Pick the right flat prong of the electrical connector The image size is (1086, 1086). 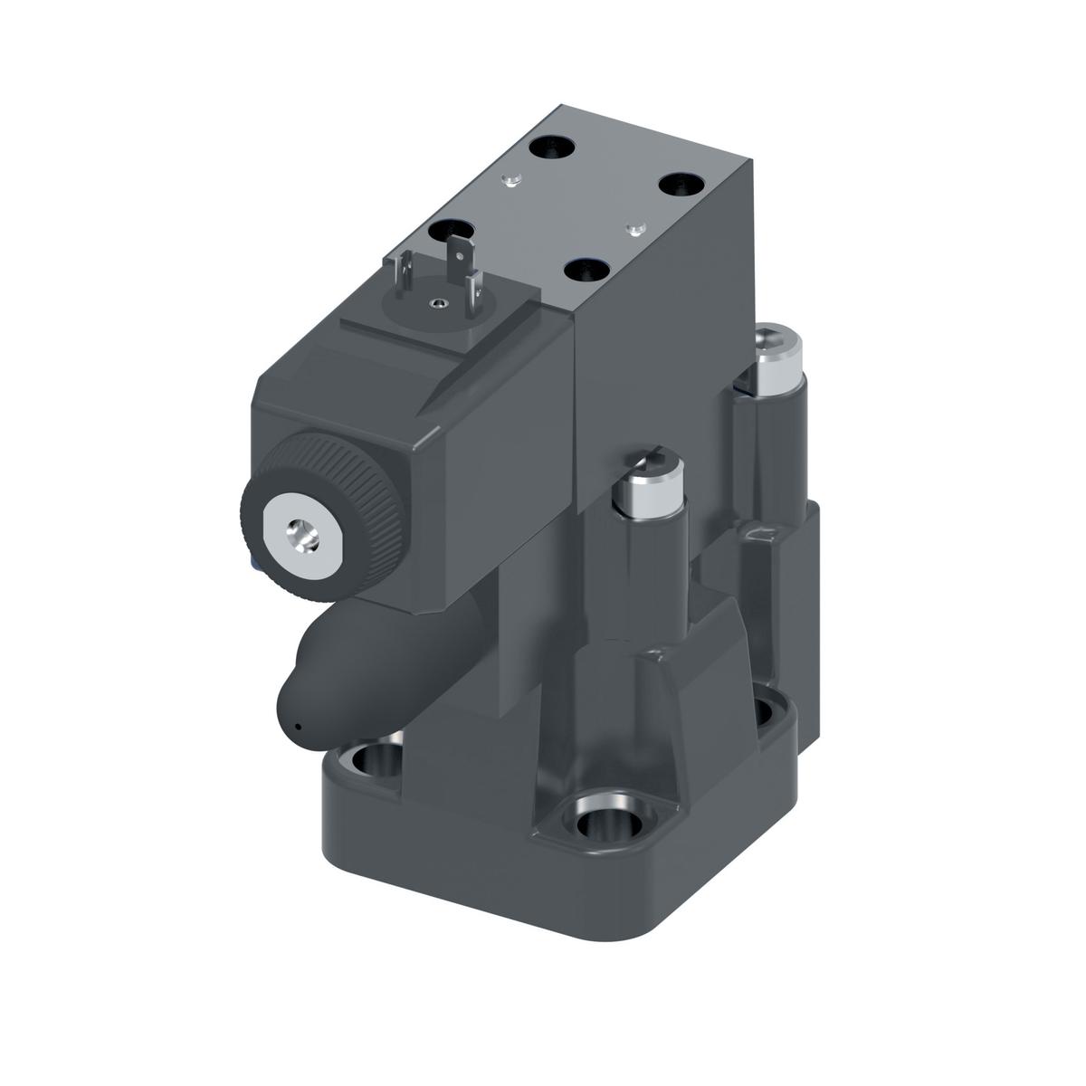469,275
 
